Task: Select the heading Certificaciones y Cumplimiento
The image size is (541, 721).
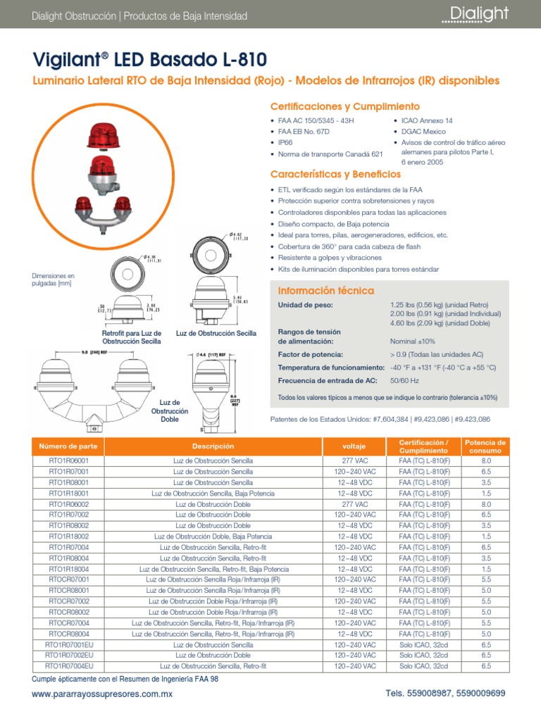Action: tap(345, 106)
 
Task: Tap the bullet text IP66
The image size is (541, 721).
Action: tap(286, 142)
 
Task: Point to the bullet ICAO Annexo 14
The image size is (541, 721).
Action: tap(427, 120)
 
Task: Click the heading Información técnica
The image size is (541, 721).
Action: tap(326, 291)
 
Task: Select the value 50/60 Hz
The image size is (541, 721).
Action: tap(404, 381)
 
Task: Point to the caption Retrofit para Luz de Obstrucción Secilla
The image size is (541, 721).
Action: tap(132, 337)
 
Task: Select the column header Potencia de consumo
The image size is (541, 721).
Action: tap(485, 446)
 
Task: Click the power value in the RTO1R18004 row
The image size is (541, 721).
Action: tap(485, 569)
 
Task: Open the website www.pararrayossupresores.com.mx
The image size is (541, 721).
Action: tap(103, 694)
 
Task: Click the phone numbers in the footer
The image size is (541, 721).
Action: tap(445, 694)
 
